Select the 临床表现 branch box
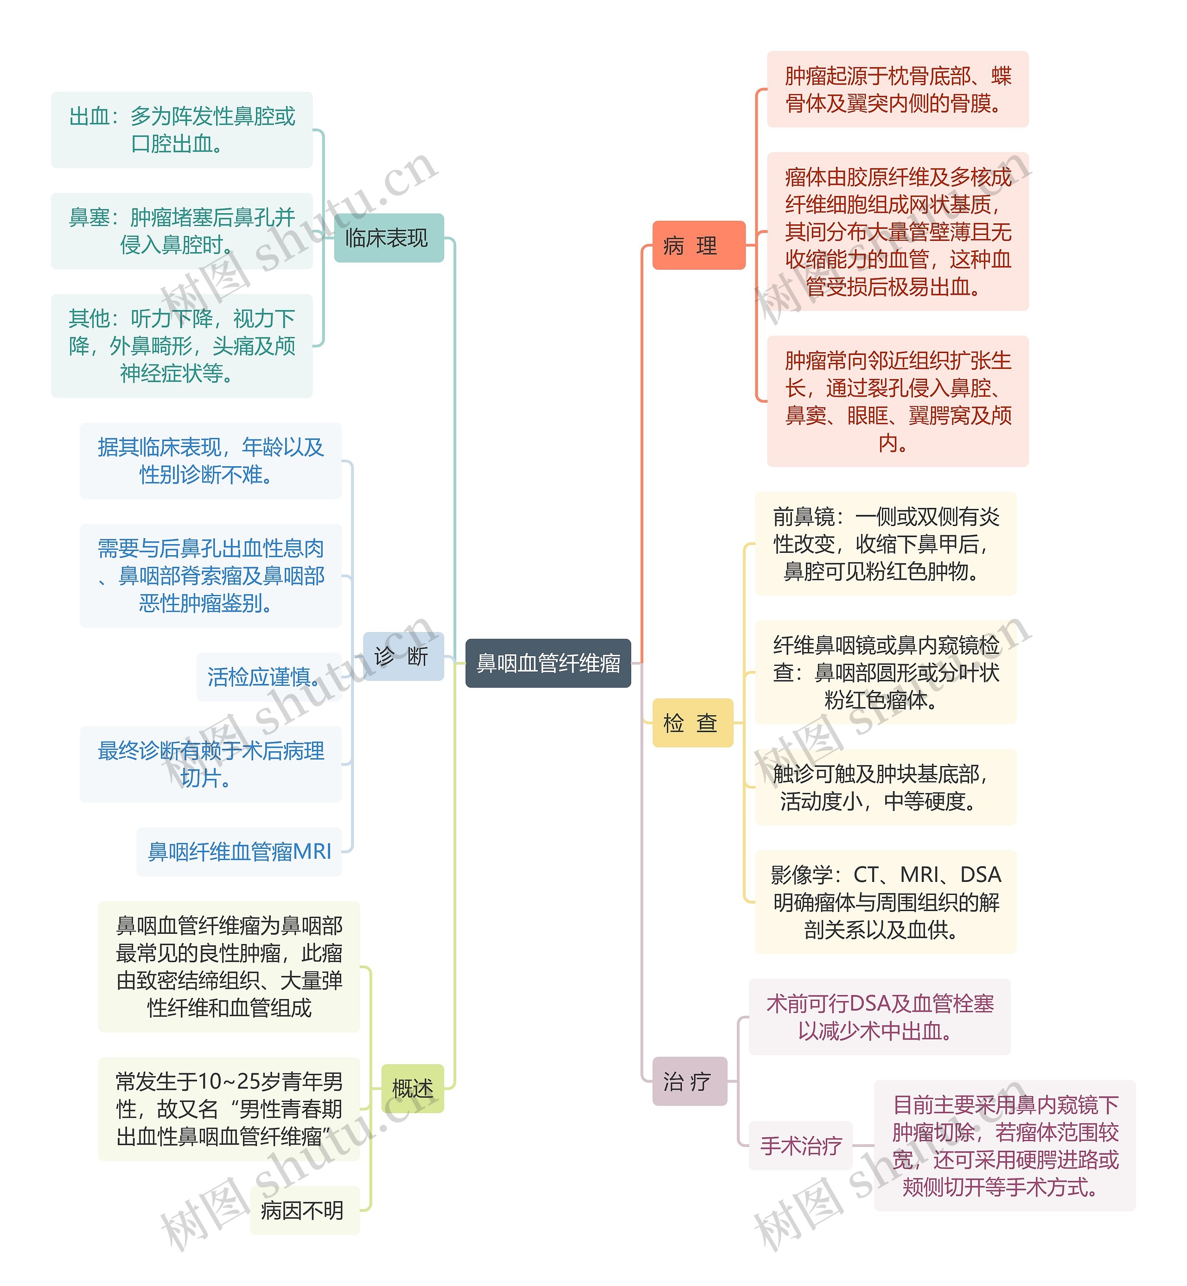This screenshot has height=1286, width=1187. point(388,238)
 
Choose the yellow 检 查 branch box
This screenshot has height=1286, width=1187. point(692,722)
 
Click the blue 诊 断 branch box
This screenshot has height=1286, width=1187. point(403,656)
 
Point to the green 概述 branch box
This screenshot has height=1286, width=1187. point(412,1088)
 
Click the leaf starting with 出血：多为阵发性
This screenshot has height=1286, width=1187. point(181,130)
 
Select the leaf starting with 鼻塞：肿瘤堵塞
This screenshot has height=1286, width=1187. point(181,230)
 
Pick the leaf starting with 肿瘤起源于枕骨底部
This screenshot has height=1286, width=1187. point(897,89)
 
